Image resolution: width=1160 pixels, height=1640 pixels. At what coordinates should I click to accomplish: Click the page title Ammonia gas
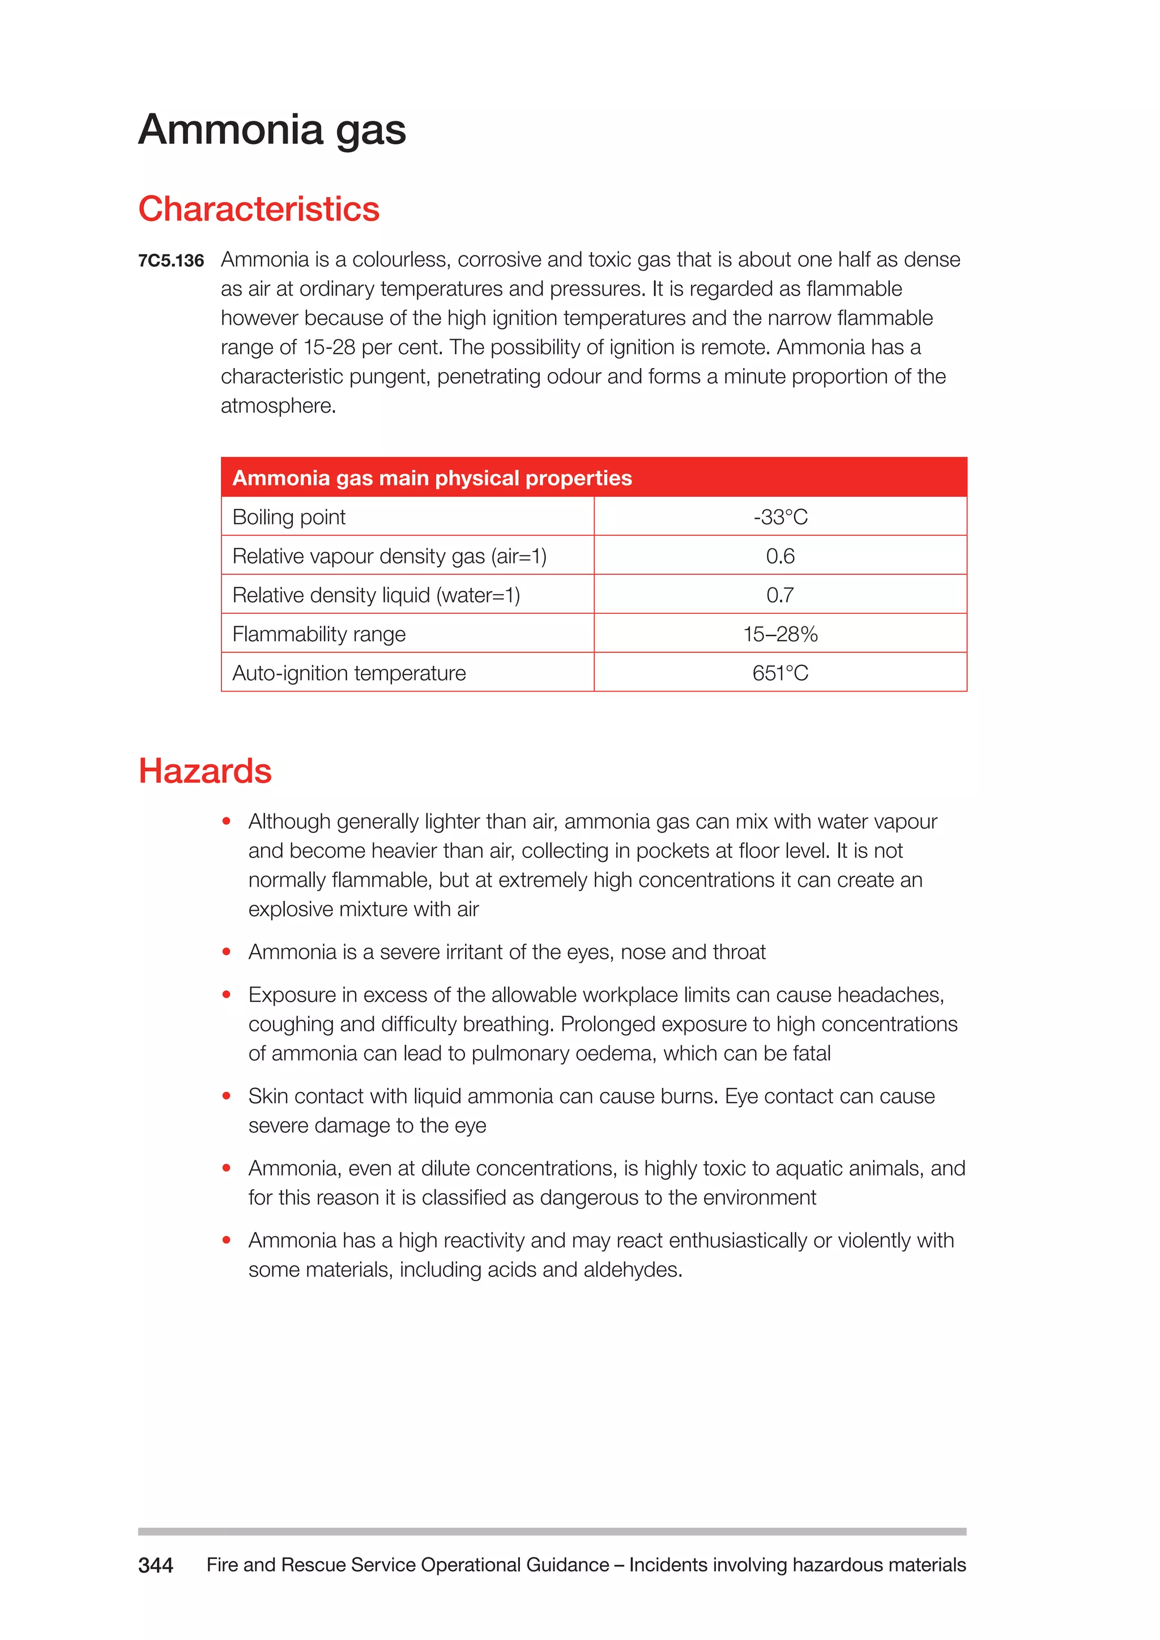[272, 130]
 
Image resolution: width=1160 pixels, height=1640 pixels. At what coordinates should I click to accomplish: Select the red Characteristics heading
[259, 210]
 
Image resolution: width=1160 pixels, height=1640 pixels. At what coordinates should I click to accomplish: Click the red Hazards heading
[205, 771]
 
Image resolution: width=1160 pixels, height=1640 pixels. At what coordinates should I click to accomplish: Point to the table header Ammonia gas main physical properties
[432, 478]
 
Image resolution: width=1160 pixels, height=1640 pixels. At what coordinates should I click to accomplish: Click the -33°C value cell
[780, 517]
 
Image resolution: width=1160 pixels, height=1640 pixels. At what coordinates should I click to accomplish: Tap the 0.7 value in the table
[780, 595]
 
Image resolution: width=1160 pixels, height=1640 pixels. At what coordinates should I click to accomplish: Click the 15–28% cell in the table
[780, 634]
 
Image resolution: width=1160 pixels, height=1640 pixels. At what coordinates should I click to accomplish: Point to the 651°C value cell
[780, 673]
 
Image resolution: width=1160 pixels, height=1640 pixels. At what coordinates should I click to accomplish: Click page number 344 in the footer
[156, 1566]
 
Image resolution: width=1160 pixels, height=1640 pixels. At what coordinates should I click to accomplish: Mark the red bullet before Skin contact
[227, 1096]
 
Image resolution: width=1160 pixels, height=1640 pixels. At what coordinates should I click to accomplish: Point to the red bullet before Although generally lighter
[227, 822]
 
